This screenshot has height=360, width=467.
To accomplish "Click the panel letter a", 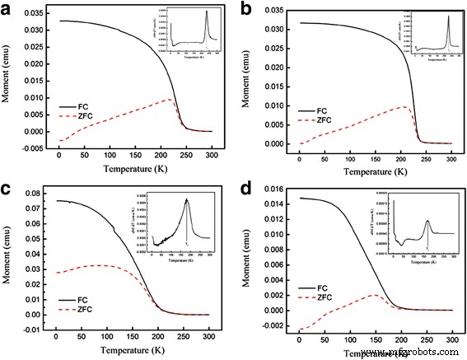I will click(x=8, y=10).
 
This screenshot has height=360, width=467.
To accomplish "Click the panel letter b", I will click(x=246, y=10).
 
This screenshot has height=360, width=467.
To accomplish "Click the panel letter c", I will click(x=8, y=186).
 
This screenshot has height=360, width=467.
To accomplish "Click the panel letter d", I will click(x=245, y=186).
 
